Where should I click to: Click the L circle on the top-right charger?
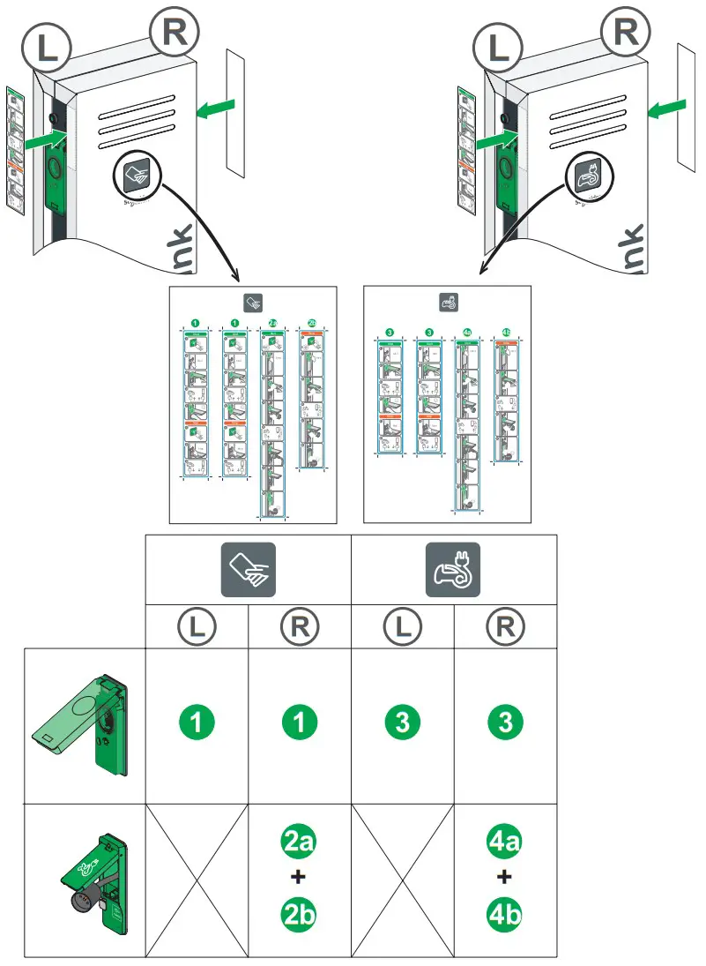(499, 47)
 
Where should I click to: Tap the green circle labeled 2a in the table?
(300, 842)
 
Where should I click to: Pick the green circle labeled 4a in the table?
(505, 842)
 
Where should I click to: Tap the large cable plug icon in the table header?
(453, 571)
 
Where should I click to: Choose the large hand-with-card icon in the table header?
(248, 571)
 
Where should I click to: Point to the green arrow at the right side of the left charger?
(215, 109)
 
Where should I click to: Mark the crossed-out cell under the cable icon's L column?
(402, 880)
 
